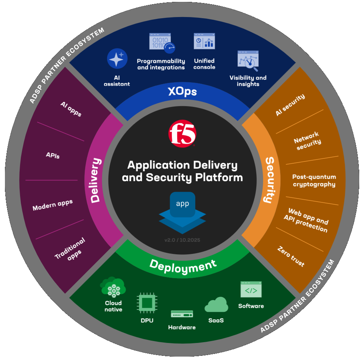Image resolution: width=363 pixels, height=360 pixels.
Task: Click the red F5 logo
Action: click(182, 133)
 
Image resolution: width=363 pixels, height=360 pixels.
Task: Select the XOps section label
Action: click(182, 91)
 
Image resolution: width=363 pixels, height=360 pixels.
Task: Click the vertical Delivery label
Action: click(96, 180)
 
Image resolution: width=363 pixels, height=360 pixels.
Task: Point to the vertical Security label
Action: click(270, 180)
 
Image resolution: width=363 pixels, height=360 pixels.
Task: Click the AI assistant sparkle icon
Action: click(117, 58)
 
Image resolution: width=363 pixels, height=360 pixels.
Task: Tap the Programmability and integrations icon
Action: click(162, 43)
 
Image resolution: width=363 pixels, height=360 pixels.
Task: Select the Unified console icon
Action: click(204, 41)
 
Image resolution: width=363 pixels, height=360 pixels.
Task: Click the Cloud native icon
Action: click(113, 287)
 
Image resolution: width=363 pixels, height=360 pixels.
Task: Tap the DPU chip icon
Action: click(147, 303)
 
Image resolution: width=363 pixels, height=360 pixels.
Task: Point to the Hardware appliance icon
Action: click(182, 314)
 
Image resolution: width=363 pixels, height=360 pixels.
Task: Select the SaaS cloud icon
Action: click(216, 305)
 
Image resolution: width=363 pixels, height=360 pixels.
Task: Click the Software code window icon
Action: click(251, 289)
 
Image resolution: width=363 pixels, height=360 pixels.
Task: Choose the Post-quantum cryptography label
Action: click(314, 181)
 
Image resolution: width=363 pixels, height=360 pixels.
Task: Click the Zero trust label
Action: click(291, 257)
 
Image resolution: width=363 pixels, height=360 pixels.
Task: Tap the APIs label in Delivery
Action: click(53, 155)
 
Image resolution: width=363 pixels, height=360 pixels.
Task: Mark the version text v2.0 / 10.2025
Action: click(182, 240)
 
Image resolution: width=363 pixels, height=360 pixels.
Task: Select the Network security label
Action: click(307, 141)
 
